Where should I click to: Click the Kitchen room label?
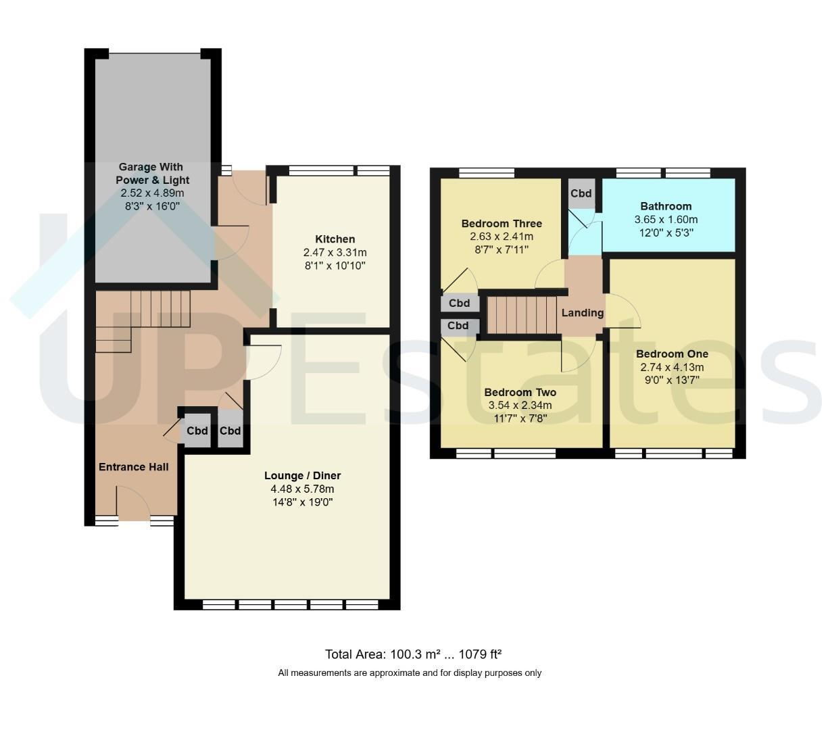(335, 239)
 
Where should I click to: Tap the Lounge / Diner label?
(302, 475)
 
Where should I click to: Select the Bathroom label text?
(666, 206)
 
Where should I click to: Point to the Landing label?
(582, 313)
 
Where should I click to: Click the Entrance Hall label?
(134, 466)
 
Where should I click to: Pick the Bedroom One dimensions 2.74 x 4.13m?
(672, 367)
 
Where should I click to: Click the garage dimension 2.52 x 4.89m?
(152, 193)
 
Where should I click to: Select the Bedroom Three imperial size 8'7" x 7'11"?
(502, 249)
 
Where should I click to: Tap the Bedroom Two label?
(520, 392)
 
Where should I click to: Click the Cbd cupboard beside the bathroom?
(581, 193)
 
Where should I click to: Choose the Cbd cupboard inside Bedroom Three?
(459, 303)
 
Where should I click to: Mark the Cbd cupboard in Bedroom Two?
(458, 326)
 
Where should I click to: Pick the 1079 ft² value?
(480, 654)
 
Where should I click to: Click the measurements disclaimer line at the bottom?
(410, 673)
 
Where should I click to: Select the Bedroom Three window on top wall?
(486, 173)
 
